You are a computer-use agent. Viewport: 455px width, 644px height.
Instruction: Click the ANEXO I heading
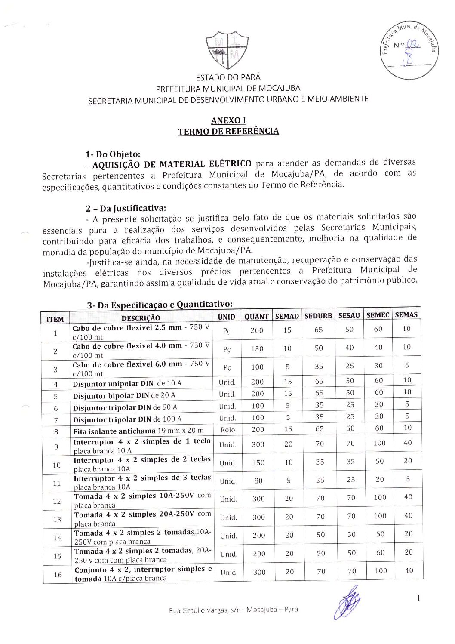tap(228, 120)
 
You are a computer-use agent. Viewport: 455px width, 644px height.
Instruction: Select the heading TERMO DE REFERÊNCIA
tap(228, 131)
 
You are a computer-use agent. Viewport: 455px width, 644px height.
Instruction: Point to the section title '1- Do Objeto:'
tap(113, 154)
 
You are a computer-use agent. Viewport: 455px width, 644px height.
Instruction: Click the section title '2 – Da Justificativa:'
tap(126, 209)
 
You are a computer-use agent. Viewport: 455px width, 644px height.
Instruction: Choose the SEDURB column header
tap(318, 316)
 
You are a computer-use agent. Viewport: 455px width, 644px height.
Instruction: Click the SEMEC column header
tap(378, 315)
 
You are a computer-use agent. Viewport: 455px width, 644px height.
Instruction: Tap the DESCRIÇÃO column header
tap(141, 318)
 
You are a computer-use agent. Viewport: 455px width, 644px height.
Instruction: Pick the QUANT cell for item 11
tap(258, 481)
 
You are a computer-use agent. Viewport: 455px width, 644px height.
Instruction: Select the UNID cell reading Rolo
tap(227, 430)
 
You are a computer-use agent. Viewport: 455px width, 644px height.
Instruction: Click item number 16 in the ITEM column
tap(58, 574)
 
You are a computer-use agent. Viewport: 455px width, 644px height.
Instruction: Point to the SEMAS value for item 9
tap(408, 443)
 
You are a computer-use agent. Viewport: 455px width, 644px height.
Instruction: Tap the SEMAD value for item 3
tap(287, 367)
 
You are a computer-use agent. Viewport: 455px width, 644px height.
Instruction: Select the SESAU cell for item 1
tap(349, 330)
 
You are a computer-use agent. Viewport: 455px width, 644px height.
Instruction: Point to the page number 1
tap(418, 598)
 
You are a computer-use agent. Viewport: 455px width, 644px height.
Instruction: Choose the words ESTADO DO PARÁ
tap(228, 78)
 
